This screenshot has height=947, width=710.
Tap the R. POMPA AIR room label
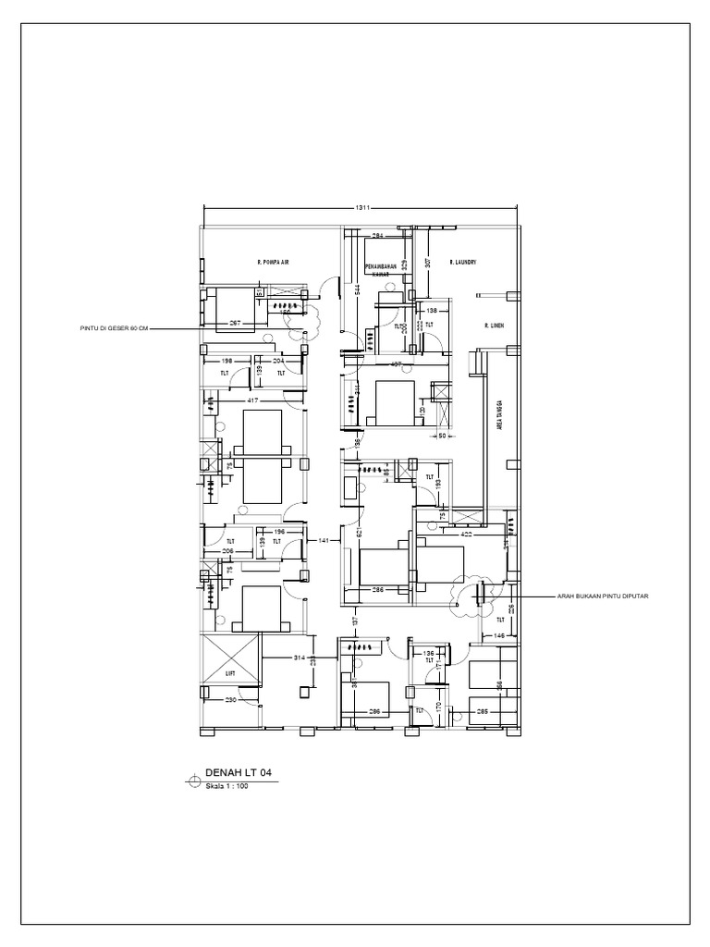pyautogui.click(x=274, y=263)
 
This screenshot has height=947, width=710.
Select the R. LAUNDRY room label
pyautogui.click(x=462, y=263)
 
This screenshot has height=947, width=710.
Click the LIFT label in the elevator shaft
pyautogui.click(x=230, y=674)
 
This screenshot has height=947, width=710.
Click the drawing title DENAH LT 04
pyautogui.click(x=239, y=771)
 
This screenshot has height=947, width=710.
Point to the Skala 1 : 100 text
pyautogui.click(x=227, y=786)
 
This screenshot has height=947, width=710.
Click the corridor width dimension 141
pyautogui.click(x=324, y=539)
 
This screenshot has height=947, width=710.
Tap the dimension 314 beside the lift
pyautogui.click(x=299, y=658)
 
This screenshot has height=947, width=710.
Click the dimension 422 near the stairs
pyautogui.click(x=468, y=533)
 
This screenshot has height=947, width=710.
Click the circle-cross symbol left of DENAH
pyautogui.click(x=194, y=779)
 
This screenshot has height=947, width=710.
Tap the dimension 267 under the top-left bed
pyautogui.click(x=236, y=324)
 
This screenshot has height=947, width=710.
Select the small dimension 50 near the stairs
pyautogui.click(x=442, y=436)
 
